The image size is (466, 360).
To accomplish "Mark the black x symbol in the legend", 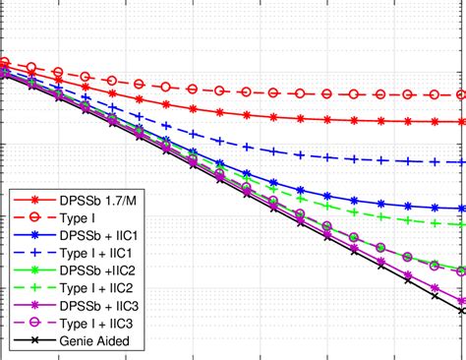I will pos(31,341).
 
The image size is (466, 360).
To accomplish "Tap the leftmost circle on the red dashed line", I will pos(6,61).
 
